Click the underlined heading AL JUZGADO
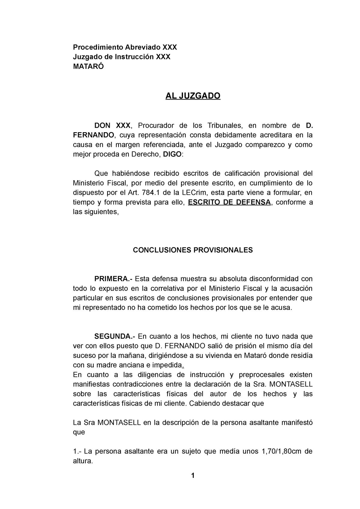193,96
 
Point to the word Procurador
156,125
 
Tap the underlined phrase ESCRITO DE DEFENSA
229,202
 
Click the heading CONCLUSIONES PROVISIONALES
193,250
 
